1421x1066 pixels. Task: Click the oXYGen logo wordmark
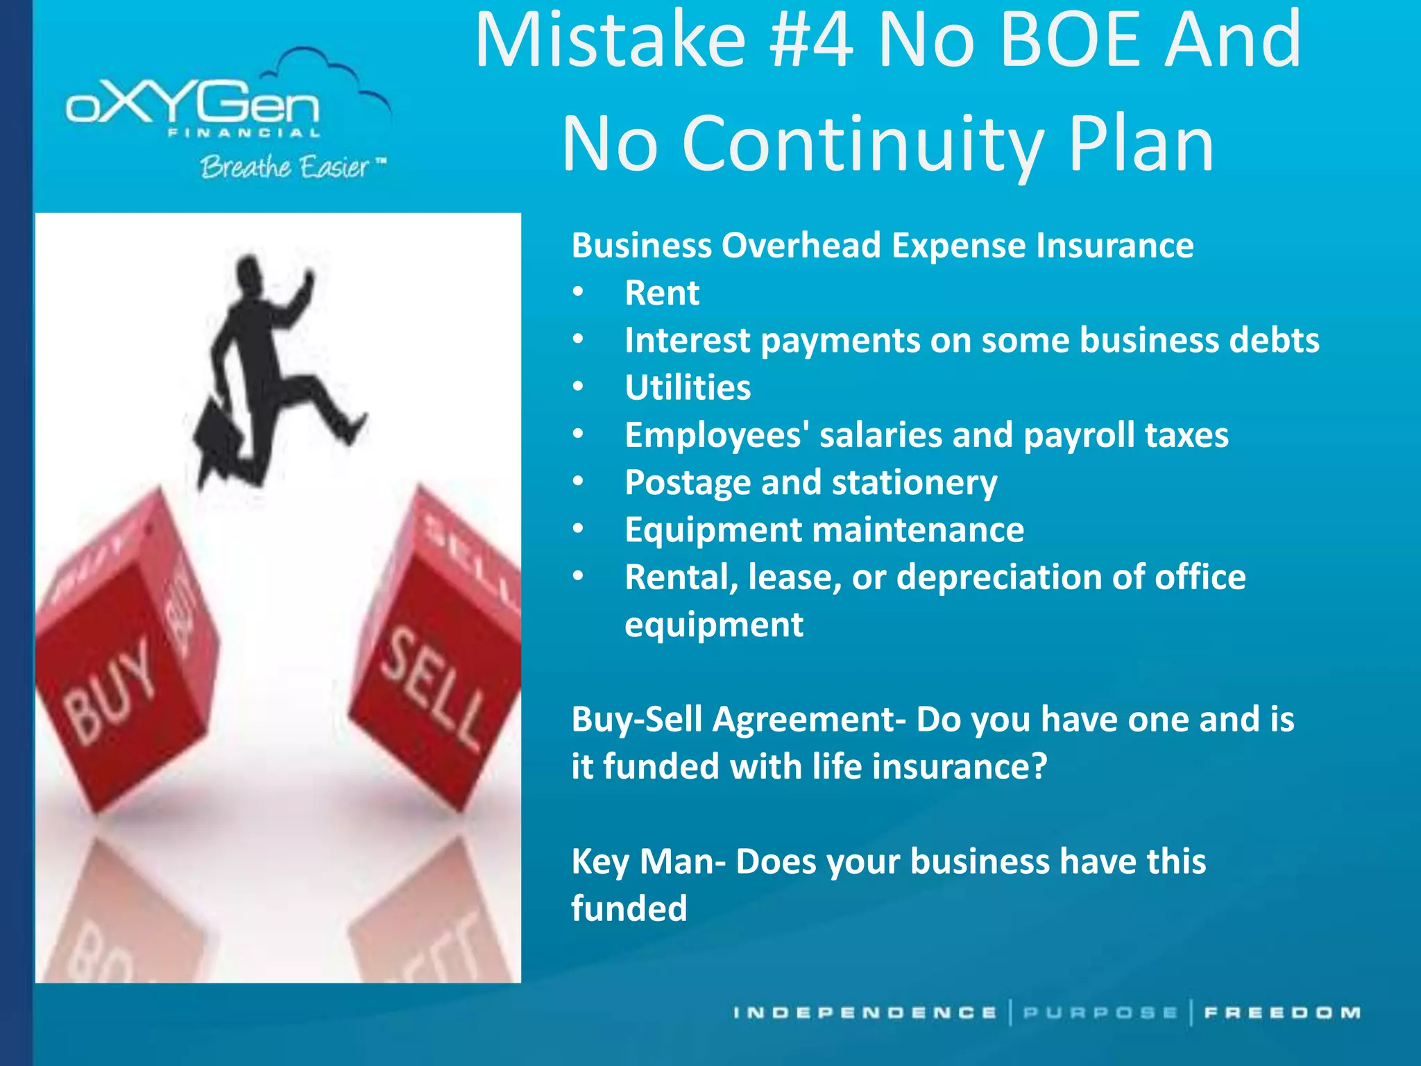[193, 106]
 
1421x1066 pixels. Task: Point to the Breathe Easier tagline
[286, 167]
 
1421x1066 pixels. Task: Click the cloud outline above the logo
[326, 69]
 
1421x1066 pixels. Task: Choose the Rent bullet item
[661, 293]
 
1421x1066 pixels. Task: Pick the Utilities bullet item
[687, 387]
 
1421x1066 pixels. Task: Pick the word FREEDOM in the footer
[1282, 1013]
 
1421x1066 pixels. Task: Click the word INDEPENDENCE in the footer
[865, 1013]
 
